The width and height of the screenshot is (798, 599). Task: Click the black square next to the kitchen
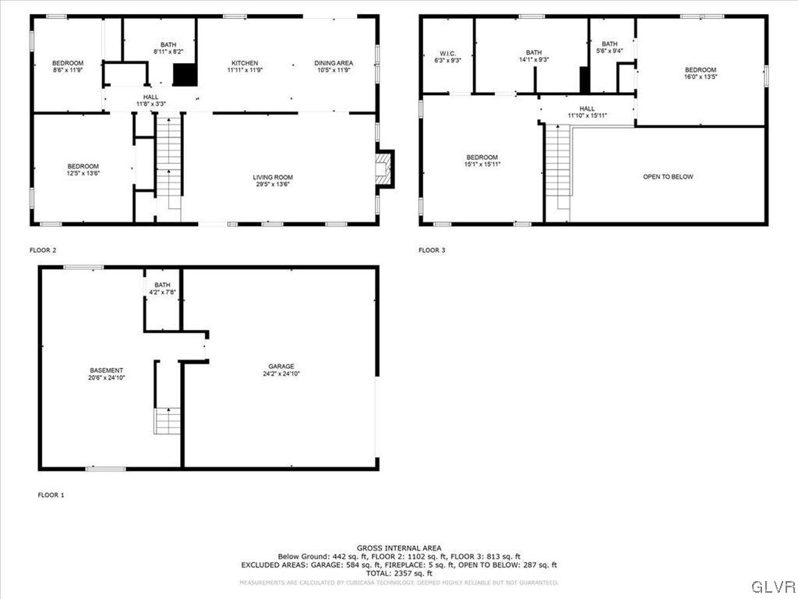[x=183, y=75]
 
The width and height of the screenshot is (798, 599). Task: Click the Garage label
[x=281, y=370]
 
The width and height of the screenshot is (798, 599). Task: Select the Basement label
[x=106, y=374]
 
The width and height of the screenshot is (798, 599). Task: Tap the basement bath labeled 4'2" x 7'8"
[x=162, y=289]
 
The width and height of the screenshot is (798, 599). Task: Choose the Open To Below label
[x=668, y=177]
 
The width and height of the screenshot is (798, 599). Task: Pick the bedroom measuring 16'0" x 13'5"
[x=700, y=73]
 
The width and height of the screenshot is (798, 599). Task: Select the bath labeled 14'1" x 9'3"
[x=533, y=56]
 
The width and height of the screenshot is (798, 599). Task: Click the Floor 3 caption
[x=432, y=250]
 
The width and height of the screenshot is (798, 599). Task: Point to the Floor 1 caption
[x=51, y=494]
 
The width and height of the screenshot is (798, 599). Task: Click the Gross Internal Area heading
[x=398, y=548]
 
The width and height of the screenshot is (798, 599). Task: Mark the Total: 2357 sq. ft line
[x=398, y=573]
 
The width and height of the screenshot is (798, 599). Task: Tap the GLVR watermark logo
[x=772, y=586]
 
